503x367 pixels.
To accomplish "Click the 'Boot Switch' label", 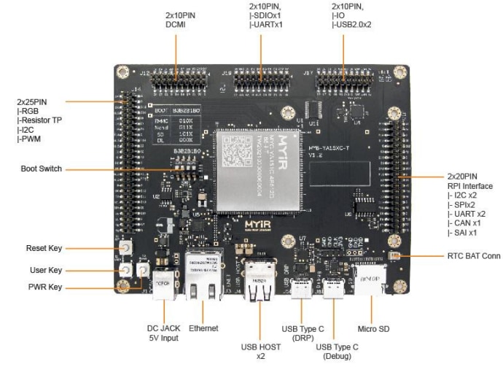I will click(42, 169).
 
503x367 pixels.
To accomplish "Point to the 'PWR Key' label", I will click(44, 287).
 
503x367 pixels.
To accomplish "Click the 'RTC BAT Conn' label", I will click(474, 256).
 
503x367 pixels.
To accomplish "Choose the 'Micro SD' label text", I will click(374, 329).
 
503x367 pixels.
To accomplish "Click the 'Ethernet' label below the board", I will click(203, 328).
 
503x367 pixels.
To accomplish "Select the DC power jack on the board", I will click(163, 286).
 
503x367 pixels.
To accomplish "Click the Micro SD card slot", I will click(371, 282).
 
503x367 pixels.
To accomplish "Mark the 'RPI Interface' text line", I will click(472, 186).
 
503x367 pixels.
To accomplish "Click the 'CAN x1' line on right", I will click(465, 223).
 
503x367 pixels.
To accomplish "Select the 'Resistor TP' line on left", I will click(42, 120).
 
